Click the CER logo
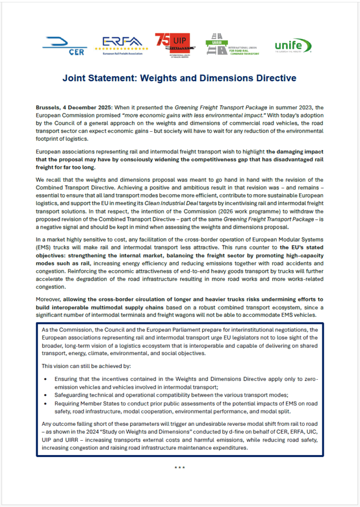pos(64,45)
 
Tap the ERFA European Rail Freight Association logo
pos(122,44)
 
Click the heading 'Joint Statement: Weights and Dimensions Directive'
pos(179,78)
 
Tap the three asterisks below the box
pos(180,467)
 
